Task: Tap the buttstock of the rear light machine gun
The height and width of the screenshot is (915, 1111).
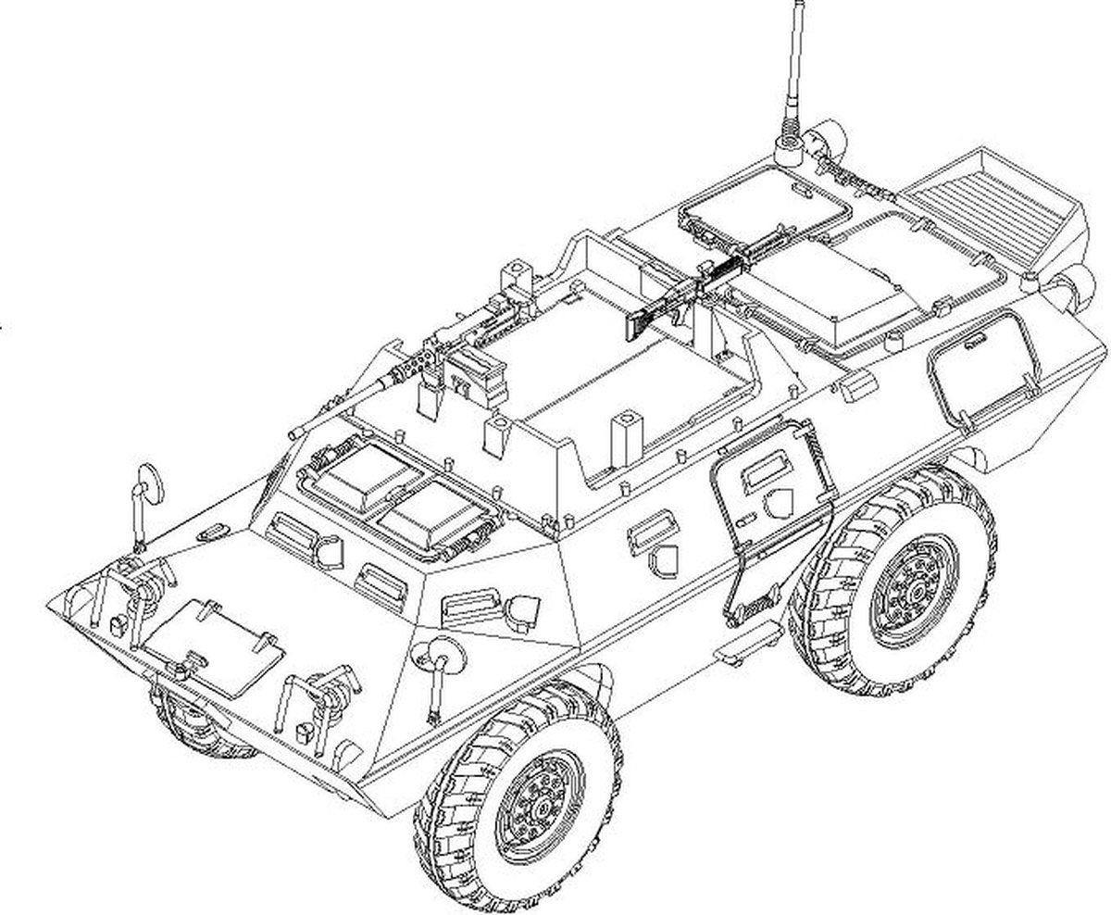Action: pyautogui.click(x=639, y=323)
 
